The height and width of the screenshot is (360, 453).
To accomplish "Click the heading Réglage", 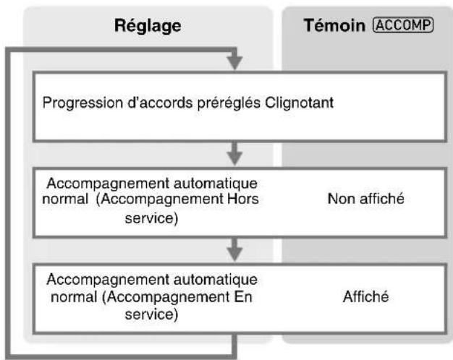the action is [x=148, y=26].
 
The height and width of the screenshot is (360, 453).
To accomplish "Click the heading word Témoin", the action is [x=334, y=25].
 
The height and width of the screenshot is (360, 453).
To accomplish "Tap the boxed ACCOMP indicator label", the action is [x=403, y=25].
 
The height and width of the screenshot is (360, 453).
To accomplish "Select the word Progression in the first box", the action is [x=82, y=103].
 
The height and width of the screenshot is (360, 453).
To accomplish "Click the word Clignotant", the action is [x=300, y=103].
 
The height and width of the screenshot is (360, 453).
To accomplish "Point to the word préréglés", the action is [x=229, y=103].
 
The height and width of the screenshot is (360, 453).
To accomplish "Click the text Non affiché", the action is [x=365, y=199].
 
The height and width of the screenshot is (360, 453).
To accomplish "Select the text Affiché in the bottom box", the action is [x=365, y=297].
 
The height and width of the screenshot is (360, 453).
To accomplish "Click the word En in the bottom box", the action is [x=243, y=297].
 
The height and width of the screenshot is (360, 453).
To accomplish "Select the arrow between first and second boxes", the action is [x=234, y=153].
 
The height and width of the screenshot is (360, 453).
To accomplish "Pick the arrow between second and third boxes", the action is [x=234, y=249].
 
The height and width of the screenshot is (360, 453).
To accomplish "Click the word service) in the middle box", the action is [x=151, y=218].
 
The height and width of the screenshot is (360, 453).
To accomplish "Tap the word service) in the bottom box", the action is [x=151, y=314].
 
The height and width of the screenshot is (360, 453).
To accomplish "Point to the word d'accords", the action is [x=160, y=103].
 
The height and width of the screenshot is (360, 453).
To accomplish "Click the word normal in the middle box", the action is [x=65, y=199].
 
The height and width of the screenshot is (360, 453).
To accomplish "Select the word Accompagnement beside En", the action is [x=168, y=297].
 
